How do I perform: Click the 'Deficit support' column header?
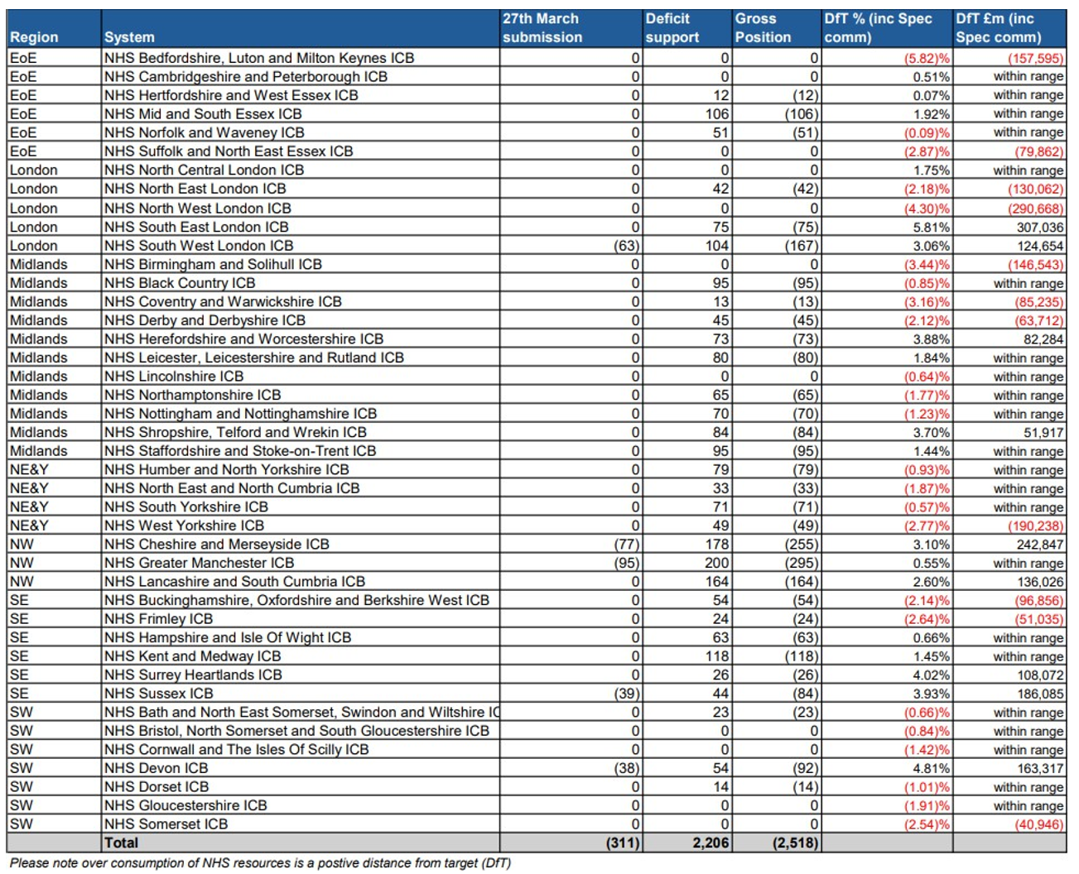click(672, 28)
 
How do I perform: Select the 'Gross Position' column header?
click(763, 28)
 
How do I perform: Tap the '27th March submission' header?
click(542, 28)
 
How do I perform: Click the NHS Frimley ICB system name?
click(158, 619)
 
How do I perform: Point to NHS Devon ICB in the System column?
click(156, 768)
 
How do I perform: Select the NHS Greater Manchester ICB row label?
click(199, 563)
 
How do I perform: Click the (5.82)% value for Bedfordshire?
click(927, 58)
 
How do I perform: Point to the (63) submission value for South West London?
click(627, 246)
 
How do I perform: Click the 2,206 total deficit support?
click(711, 843)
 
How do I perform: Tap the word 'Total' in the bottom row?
click(121, 843)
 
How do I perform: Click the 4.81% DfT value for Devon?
click(931, 769)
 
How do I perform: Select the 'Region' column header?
click(34, 37)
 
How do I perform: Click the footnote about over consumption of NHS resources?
click(260, 863)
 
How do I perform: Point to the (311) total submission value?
click(623, 843)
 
